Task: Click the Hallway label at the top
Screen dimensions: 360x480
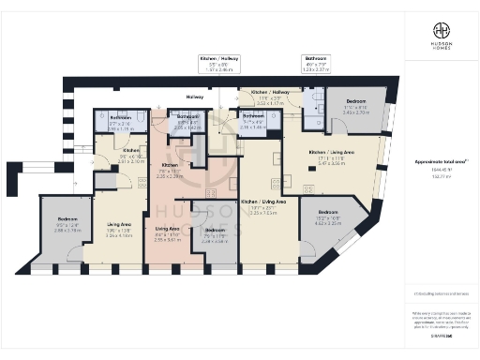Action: pos(195,97)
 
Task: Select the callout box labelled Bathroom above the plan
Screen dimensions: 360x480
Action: pos(316,63)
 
